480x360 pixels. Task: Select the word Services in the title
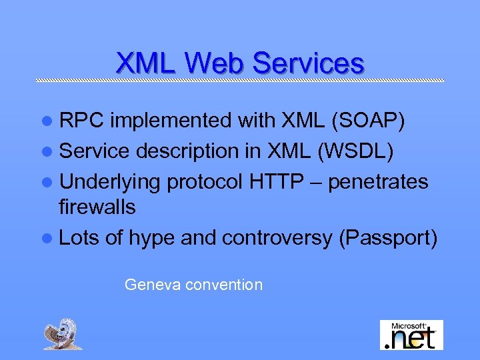309,63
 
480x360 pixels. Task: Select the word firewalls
97,208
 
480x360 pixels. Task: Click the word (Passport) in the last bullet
388,238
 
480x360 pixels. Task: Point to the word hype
153,238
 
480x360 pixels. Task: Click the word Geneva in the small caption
153,285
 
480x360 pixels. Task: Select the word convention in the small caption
224,285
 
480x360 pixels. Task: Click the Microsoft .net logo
411,335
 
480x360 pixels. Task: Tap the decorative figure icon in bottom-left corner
63,334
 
